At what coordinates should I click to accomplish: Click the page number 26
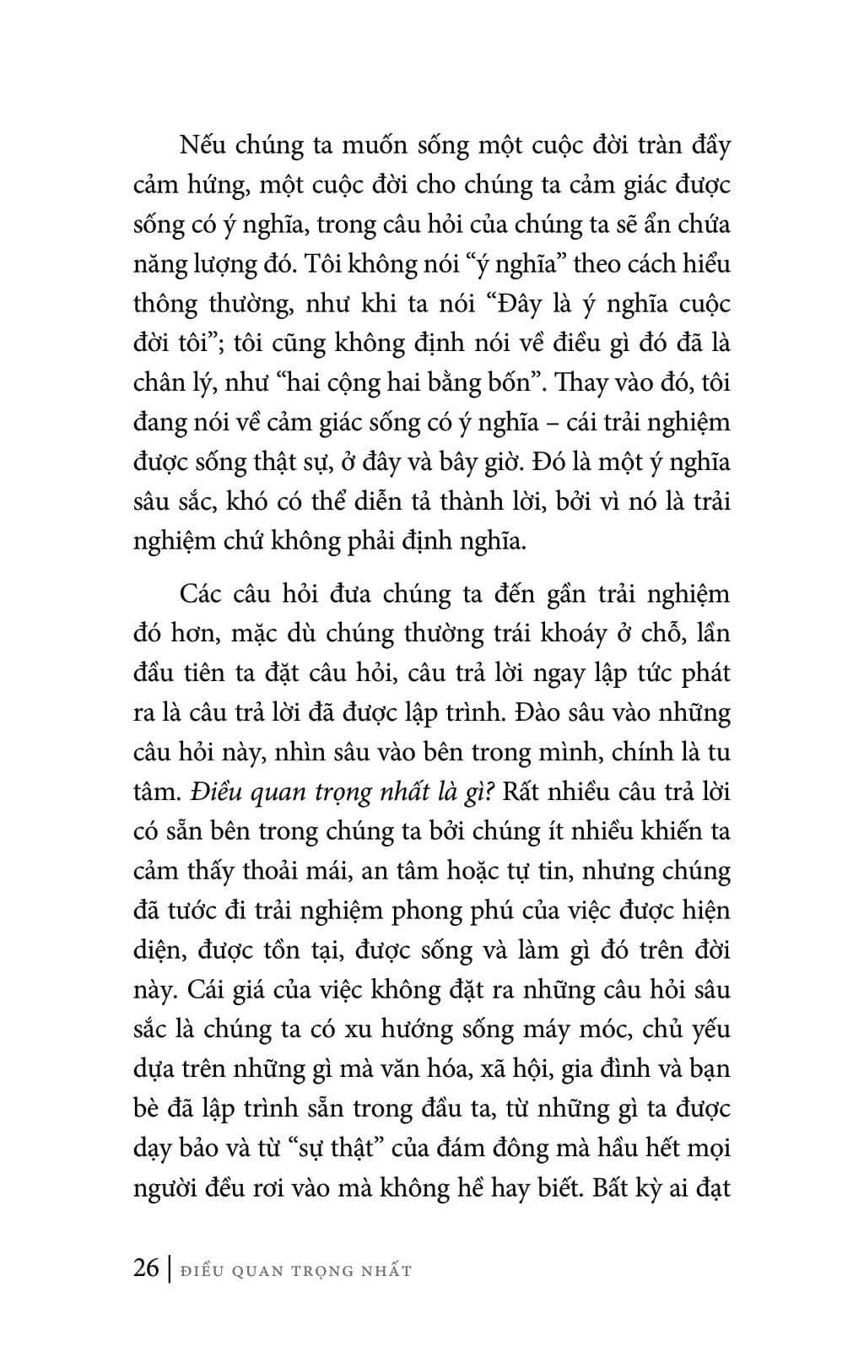pyautogui.click(x=146, y=1268)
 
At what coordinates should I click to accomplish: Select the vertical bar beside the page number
pyautogui.click(x=169, y=1269)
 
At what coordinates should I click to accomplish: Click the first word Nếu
pyautogui.click(x=200, y=145)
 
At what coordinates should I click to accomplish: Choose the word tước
pyautogui.click(x=194, y=911)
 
